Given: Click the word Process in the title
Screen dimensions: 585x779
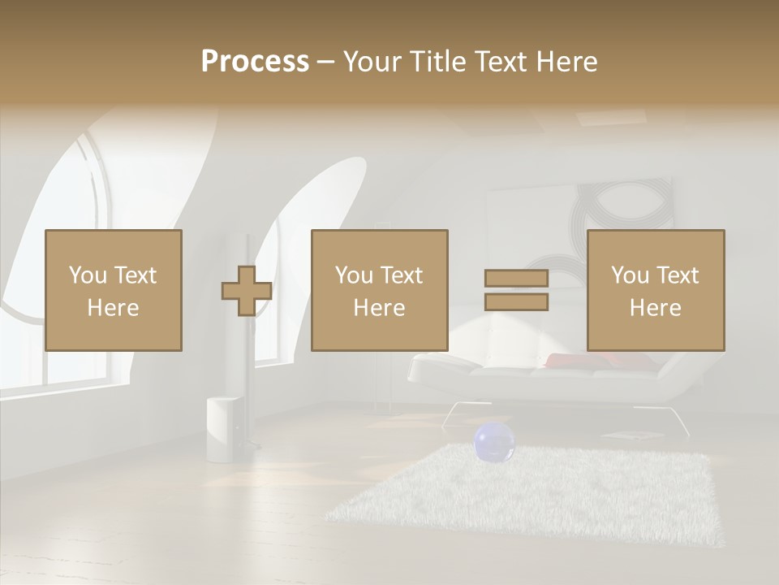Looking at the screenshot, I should tap(255, 62).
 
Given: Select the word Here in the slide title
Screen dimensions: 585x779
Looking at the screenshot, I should tap(564, 62).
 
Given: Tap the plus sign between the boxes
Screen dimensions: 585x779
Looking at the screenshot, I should tap(247, 291).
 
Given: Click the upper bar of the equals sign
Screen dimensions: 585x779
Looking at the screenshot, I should tap(516, 278).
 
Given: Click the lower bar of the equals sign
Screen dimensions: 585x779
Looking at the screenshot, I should tap(516, 302).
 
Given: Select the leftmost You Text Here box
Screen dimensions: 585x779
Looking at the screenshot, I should tap(114, 291).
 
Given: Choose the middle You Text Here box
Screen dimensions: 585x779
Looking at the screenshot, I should tap(380, 291).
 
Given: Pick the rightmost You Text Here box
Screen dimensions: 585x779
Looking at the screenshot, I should tap(656, 291).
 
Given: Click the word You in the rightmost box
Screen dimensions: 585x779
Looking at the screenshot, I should tap(630, 275).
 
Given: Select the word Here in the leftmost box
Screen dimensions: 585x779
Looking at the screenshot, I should tap(114, 308).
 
